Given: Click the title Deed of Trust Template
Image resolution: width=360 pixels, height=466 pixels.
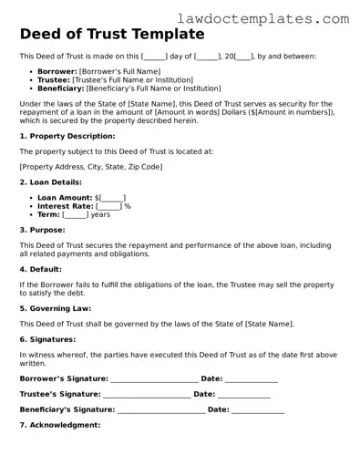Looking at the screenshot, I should [x=111, y=35].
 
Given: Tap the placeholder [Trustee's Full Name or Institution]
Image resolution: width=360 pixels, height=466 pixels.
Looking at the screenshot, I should [x=133, y=79].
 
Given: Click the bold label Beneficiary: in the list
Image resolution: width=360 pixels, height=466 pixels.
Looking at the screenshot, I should [x=57, y=88].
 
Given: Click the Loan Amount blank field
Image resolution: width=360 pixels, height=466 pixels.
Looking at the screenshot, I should [x=113, y=197].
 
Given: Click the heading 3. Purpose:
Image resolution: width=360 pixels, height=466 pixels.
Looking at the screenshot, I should [x=41, y=230].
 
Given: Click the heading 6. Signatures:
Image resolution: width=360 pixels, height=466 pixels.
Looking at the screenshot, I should [x=47, y=338].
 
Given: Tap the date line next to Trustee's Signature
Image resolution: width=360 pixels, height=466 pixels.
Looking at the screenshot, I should [x=243, y=394].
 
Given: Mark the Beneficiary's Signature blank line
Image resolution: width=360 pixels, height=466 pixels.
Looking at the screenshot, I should [x=160, y=409].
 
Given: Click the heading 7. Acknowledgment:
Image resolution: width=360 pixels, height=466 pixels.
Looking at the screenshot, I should [x=59, y=425].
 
